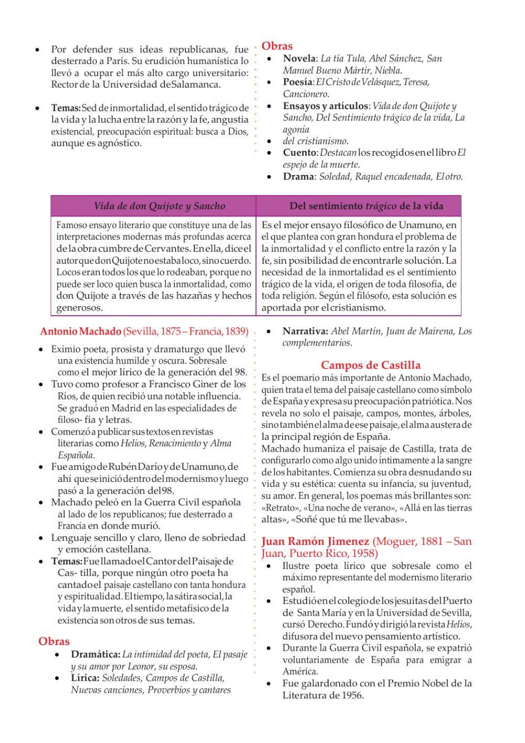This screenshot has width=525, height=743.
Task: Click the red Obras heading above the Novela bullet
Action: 277,46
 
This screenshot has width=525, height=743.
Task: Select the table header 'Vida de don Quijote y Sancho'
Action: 159,206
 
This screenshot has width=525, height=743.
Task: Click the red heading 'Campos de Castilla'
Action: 371,365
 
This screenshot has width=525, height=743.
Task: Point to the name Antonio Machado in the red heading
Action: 80,331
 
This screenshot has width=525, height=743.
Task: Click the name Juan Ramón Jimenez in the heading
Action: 315,541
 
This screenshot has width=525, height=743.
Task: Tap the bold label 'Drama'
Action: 298,177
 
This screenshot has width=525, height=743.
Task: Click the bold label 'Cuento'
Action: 300,153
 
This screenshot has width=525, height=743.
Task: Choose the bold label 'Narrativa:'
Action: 306,331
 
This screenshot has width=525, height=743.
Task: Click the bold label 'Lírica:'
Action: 85,678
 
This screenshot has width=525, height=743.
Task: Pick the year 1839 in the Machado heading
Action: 236,331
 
